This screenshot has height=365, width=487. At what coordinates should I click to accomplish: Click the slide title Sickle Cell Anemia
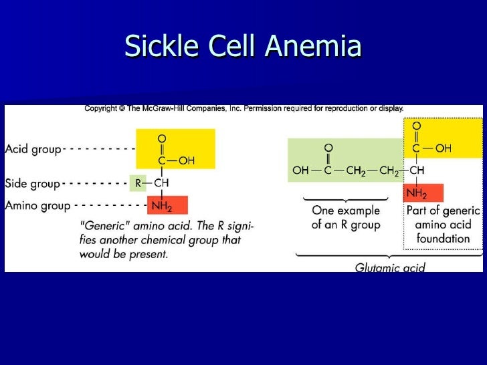pyautogui.click(x=243, y=46)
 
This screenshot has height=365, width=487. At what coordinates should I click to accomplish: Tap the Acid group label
pyautogui.click(x=33, y=148)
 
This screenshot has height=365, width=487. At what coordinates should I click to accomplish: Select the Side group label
pyautogui.click(x=32, y=182)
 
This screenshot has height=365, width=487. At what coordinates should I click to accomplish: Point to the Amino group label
pyautogui.click(x=37, y=206)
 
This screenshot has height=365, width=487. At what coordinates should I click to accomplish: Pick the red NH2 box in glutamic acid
pyautogui.click(x=417, y=194)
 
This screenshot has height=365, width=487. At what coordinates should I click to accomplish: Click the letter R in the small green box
pyautogui.click(x=137, y=182)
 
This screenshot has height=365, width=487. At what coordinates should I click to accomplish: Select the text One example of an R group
pyautogui.click(x=345, y=217)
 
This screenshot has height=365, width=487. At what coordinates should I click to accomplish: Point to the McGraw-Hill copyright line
pyautogui.click(x=243, y=109)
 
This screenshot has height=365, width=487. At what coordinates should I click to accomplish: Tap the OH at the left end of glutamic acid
pyautogui.click(x=300, y=170)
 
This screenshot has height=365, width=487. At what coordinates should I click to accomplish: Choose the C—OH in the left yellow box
pyautogui.click(x=175, y=160)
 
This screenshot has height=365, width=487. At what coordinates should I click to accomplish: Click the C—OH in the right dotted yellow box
pyautogui.click(x=431, y=148)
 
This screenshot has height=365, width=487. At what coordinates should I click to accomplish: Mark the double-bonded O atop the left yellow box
pyautogui.click(x=161, y=138)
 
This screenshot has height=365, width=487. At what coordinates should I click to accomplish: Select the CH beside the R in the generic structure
pyautogui.click(x=161, y=182)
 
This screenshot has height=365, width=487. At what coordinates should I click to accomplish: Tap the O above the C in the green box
pyautogui.click(x=328, y=147)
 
